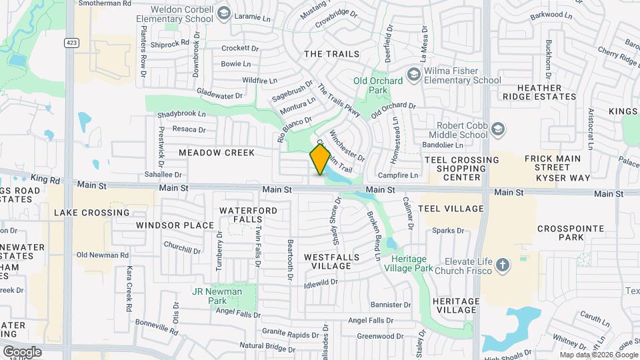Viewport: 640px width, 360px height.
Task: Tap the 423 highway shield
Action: point(70,42)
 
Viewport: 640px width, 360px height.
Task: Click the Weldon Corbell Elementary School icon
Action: point(224,13)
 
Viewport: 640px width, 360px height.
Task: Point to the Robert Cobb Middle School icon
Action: point(497,128)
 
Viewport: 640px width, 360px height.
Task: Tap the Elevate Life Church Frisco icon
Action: point(503,266)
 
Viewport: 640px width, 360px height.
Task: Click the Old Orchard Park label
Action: point(378,85)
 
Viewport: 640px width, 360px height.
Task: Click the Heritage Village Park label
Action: point(417,263)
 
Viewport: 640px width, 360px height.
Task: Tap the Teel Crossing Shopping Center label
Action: point(461,169)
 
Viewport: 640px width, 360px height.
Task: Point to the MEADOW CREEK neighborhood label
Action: point(217,153)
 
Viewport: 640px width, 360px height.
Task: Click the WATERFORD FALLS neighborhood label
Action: point(248,215)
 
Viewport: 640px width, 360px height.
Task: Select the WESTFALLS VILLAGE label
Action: point(331,261)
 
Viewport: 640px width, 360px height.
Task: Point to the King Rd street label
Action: point(45,179)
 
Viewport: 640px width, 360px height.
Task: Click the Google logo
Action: point(22,351)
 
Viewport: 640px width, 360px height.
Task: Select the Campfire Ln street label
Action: point(398,176)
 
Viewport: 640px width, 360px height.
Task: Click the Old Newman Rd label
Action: point(102,255)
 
